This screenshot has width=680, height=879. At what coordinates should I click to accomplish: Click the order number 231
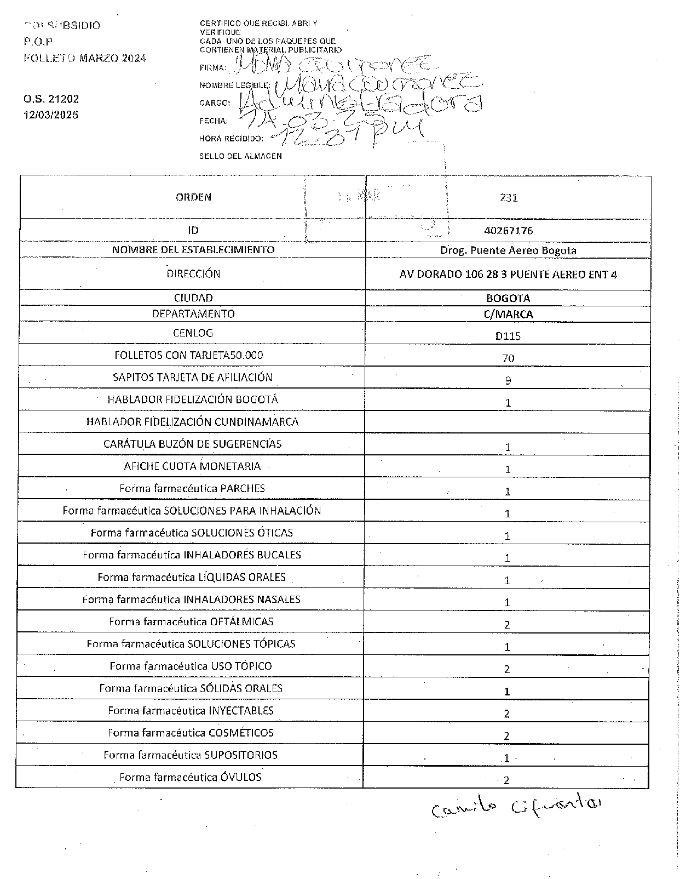tap(508, 198)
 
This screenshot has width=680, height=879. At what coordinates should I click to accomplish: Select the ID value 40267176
tap(508, 231)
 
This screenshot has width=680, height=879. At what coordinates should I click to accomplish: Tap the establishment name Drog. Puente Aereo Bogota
tap(508, 250)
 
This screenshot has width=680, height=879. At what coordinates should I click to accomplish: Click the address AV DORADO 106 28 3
tap(508, 275)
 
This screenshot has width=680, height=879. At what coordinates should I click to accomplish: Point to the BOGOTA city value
tap(508, 299)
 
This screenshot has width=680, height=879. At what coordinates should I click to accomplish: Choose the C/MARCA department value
tap(508, 315)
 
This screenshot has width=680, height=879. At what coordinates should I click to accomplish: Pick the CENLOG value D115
tap(508, 336)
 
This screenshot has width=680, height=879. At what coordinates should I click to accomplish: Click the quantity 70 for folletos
tap(508, 358)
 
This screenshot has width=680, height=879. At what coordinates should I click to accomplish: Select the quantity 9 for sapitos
tap(508, 380)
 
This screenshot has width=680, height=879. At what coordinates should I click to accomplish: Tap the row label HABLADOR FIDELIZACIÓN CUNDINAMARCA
tap(192, 422)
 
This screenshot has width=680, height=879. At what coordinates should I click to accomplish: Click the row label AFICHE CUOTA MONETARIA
tap(192, 466)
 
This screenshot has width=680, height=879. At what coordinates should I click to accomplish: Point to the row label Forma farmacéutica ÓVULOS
tap(190, 777)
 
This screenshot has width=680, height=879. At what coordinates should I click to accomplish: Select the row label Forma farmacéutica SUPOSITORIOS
tap(190, 755)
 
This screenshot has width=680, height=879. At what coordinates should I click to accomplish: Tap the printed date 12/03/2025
tap(51, 115)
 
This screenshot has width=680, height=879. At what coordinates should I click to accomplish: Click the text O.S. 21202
tap(51, 99)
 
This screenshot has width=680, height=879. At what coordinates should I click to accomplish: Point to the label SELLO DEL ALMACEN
tap(240, 156)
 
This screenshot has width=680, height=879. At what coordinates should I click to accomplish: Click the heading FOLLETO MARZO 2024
tap(85, 58)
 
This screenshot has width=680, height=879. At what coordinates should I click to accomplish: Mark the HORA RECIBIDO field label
tap(231, 139)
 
